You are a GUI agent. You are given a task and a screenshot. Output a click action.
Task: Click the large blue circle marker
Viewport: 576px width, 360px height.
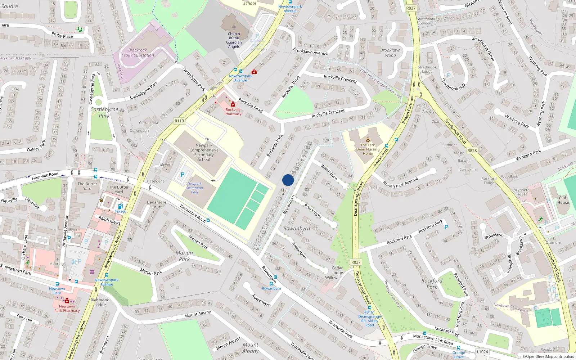[x=288, y=180]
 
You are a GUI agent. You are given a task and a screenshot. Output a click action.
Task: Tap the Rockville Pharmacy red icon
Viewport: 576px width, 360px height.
[x=233, y=104]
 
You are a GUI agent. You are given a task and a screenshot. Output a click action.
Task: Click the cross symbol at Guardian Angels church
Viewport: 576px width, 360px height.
[x=234, y=28]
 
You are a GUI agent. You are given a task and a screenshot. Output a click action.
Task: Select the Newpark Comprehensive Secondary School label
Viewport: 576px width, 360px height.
[x=204, y=152]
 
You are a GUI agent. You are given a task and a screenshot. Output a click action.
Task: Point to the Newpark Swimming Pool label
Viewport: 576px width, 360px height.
[x=194, y=188]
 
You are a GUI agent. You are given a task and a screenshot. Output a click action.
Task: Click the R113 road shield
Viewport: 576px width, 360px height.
[x=179, y=121]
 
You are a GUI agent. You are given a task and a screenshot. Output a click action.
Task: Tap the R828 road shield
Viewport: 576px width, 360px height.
[x=472, y=151]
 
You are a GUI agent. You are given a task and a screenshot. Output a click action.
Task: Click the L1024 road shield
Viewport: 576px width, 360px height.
[x=482, y=352]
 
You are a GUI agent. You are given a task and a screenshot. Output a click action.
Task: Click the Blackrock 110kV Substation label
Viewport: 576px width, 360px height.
[x=138, y=53]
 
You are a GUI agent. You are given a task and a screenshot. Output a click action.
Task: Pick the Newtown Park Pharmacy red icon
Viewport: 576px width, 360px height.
[x=67, y=301]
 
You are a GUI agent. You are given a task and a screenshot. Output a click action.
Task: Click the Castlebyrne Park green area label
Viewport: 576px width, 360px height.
[x=104, y=112]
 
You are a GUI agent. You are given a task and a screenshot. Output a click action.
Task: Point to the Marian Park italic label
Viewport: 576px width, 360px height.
[x=184, y=256]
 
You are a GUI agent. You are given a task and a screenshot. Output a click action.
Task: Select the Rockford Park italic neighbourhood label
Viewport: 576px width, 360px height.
[x=432, y=284]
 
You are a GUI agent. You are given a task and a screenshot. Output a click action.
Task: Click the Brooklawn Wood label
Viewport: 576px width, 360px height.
[x=390, y=53]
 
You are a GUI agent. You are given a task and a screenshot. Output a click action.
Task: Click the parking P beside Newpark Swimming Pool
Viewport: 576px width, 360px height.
[x=182, y=175]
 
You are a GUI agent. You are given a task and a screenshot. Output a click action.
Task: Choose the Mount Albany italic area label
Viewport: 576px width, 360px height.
[x=251, y=348]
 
